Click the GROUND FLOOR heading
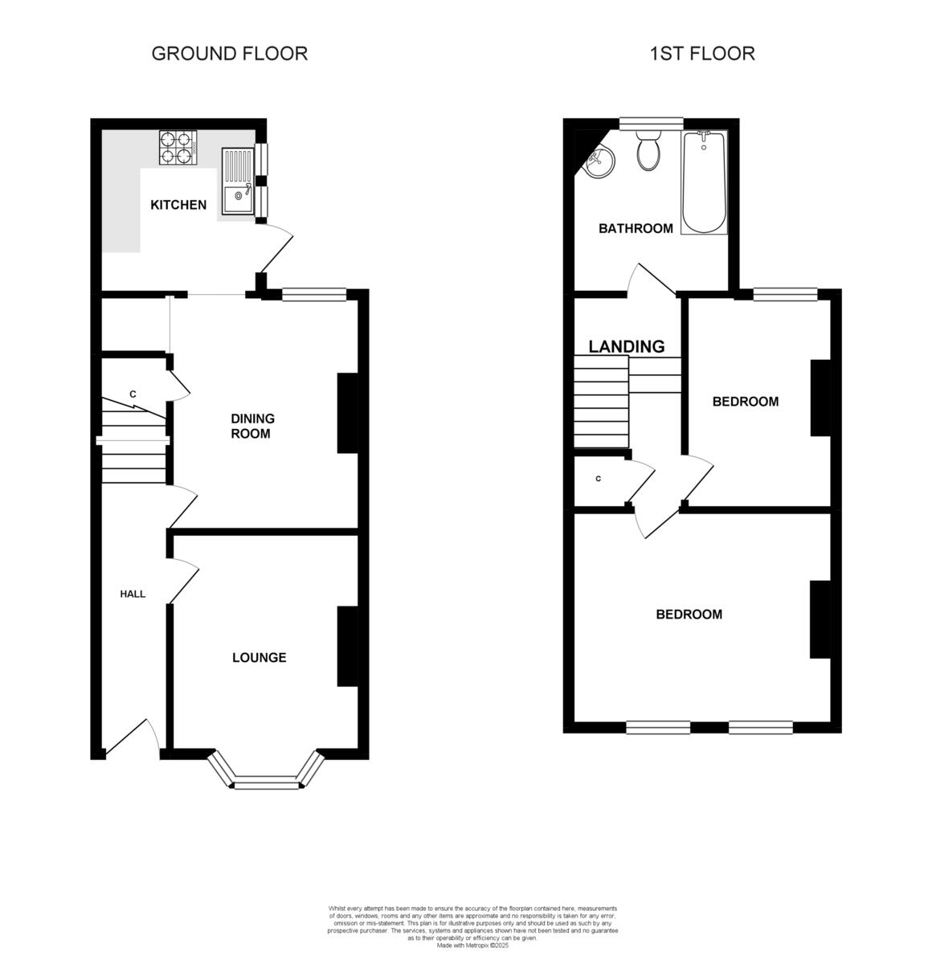click(x=229, y=54)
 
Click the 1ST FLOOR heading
click(x=702, y=54)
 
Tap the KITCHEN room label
click(x=178, y=205)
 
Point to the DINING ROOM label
click(x=252, y=426)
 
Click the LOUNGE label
click(x=259, y=658)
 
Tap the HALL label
click(x=133, y=594)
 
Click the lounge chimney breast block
click(x=347, y=646)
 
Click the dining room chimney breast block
click(x=347, y=413)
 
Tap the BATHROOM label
click(x=636, y=229)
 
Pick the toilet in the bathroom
click(x=648, y=151)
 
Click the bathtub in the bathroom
click(x=704, y=183)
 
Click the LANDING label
click(x=627, y=346)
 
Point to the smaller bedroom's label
click(x=745, y=402)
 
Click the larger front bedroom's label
click(x=689, y=615)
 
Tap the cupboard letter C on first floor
click(x=599, y=479)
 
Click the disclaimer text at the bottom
click(x=472, y=926)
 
